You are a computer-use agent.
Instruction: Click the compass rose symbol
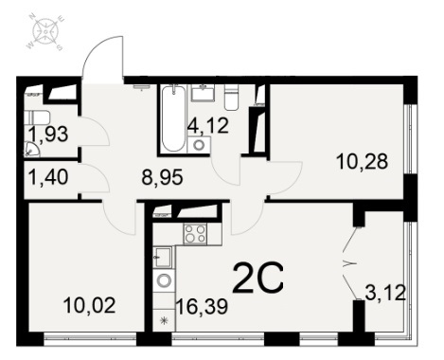(x=46, y=32)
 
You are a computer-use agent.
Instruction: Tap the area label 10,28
(x=362, y=162)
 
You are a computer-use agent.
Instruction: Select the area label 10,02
(x=89, y=305)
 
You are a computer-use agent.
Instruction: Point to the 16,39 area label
(x=202, y=306)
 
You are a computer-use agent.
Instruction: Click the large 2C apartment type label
(x=258, y=278)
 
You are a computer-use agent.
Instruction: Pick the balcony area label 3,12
(x=385, y=293)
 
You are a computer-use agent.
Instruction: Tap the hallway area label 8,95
(x=162, y=177)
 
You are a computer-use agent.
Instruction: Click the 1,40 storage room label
(x=48, y=176)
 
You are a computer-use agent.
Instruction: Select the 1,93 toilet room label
(x=48, y=134)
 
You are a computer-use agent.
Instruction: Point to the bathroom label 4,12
(x=207, y=125)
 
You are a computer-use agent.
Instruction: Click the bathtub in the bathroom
(x=173, y=118)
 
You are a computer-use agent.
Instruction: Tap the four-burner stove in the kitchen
(x=195, y=234)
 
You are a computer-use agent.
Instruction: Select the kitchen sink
(x=164, y=257)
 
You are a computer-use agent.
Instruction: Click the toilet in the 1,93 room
(x=37, y=118)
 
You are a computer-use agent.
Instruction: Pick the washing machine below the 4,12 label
(x=199, y=145)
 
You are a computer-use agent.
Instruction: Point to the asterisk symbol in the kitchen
(x=164, y=321)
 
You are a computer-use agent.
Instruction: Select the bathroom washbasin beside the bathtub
(x=204, y=93)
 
